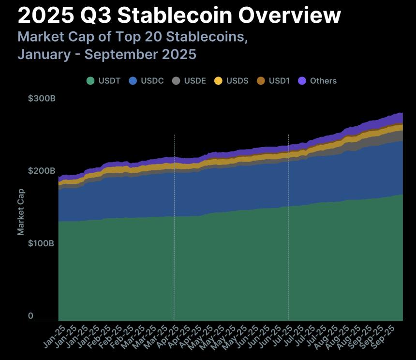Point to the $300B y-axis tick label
coord(42,99)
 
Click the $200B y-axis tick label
coord(42,171)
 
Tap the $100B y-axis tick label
coord(42,243)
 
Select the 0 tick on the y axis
coord(30,316)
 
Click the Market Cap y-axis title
coord(21,211)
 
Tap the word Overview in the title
coord(290,16)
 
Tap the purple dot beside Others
coord(303,81)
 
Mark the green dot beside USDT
coord(90,81)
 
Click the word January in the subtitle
coord(42,54)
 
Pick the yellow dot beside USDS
coord(218,81)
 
